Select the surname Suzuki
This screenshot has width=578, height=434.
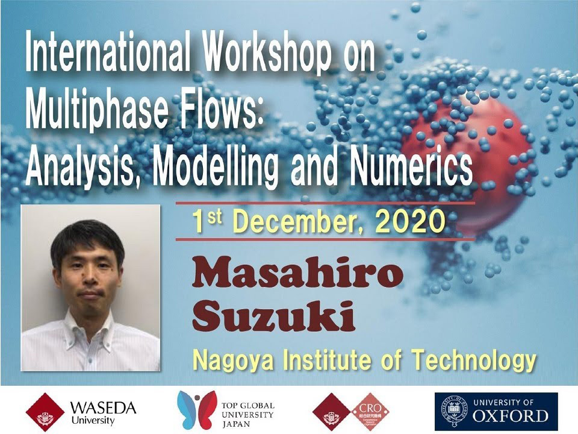coord(273,316)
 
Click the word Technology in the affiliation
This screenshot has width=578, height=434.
coord(473,360)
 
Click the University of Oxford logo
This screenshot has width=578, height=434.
coord(496,412)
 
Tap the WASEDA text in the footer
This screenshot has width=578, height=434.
coord(103,408)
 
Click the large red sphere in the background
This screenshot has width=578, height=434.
coord(468,162)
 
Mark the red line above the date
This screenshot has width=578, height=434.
coord(325,203)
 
